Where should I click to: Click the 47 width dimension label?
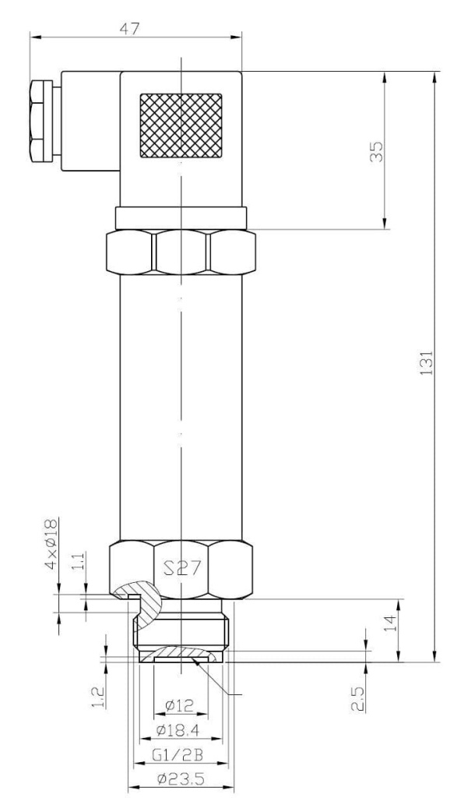[130, 29]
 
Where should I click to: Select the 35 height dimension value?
[377, 151]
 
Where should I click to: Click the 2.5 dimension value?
[358, 698]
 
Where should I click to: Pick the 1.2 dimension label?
[99, 697]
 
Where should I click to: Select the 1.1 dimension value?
[80, 561]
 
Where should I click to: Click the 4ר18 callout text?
[52, 545]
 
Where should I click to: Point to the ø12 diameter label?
[180, 705]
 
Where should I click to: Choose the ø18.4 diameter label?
[178, 731]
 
